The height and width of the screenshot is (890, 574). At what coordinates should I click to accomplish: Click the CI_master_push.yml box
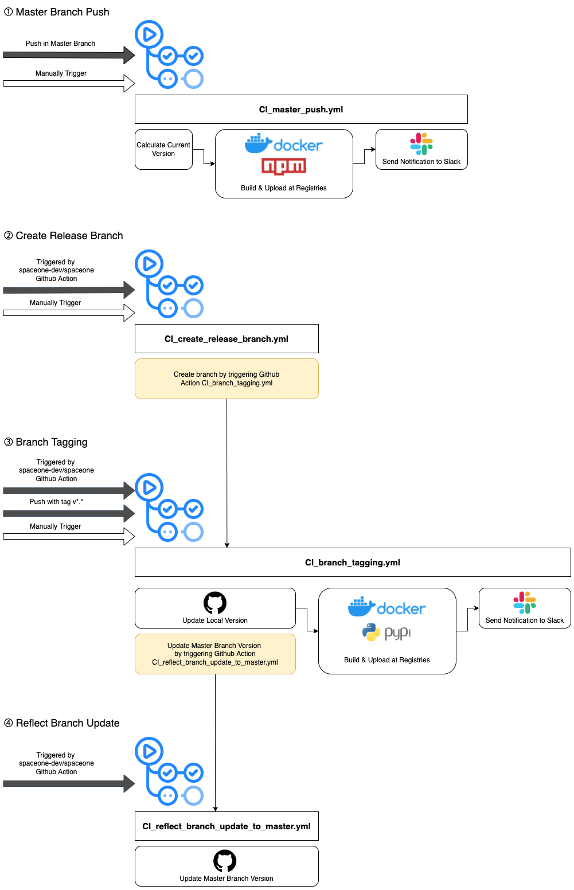(x=301, y=110)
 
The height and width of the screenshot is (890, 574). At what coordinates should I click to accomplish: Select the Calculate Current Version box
(x=163, y=150)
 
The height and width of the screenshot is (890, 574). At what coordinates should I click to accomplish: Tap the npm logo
(x=284, y=166)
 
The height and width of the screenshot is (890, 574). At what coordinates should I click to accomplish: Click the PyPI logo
(x=386, y=632)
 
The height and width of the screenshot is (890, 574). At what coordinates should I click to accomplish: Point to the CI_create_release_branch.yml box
(x=227, y=338)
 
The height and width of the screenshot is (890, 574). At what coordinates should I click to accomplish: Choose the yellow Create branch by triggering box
(x=227, y=378)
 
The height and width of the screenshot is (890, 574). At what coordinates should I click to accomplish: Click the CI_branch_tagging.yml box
(x=353, y=562)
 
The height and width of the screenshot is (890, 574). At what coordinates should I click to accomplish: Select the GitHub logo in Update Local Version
(x=215, y=603)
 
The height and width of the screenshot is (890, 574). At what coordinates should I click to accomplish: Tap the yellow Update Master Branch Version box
(x=215, y=654)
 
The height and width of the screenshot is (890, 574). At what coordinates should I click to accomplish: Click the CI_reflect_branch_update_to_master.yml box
(x=227, y=826)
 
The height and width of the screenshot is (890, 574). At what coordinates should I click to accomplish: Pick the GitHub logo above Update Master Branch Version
(x=225, y=861)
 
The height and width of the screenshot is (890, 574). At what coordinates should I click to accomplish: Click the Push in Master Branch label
(x=60, y=44)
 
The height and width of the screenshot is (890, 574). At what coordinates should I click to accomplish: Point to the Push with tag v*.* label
(x=56, y=501)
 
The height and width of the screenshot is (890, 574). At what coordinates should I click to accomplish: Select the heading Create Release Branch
(x=64, y=236)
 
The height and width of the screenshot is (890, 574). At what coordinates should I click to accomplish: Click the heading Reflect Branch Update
(x=61, y=723)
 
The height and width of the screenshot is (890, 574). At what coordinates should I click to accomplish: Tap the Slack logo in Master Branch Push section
(x=421, y=144)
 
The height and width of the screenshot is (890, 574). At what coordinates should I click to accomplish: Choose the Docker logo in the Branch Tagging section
(x=386, y=607)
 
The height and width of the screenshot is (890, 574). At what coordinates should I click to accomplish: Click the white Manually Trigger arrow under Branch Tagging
(x=69, y=536)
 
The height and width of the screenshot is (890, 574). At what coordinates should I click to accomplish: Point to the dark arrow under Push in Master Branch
(x=69, y=55)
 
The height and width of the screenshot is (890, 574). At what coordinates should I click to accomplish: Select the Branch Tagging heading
(x=46, y=442)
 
